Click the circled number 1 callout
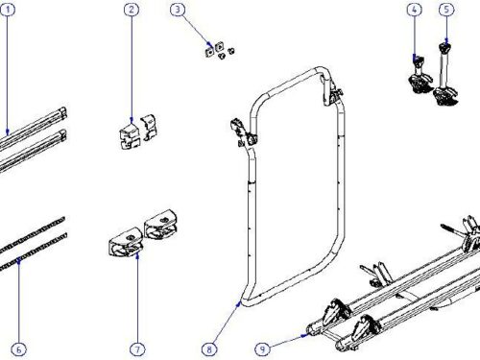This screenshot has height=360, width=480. coord(8,10)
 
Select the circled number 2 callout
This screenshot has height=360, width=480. coord(132,10)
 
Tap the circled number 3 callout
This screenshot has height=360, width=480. coord(178,10)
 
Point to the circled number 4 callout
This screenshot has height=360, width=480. coord(414,10)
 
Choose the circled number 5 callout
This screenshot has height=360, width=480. coord(446,10)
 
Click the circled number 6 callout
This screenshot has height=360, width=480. coord(18,349)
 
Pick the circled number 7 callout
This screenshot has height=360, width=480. coord(137,349)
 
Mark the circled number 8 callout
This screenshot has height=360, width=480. coord(209,349)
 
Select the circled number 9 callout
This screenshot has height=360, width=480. coord(262,349)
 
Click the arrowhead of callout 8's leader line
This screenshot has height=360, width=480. coord(239,303)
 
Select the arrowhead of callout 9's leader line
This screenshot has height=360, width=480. coord(304,335)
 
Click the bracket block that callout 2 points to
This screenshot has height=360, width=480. coord(130,136)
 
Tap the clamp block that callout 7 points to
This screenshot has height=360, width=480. coord(126,242)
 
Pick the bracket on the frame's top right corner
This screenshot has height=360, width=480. coord(331,90)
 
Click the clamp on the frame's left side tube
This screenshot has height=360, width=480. coord(243,132)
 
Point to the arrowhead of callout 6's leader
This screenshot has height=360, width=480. coord(19,261)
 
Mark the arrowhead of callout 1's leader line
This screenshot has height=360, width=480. coord(8,132)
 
